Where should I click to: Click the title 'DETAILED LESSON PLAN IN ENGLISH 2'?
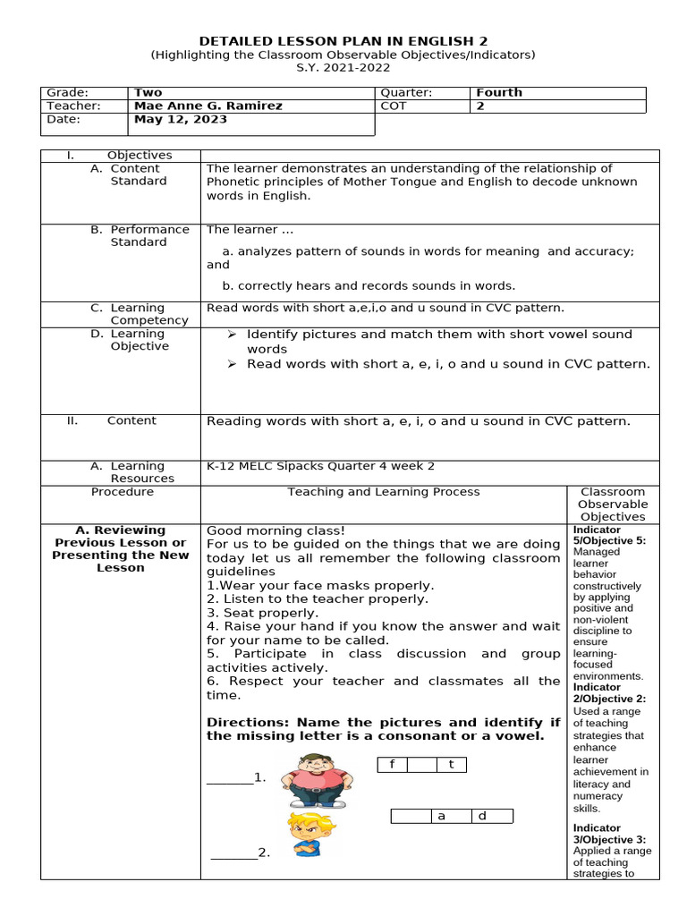(343, 40)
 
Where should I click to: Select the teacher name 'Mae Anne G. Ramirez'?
(208, 106)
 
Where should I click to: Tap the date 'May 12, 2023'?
(180, 119)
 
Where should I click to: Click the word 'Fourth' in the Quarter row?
(498, 92)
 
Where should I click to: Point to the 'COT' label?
(393, 106)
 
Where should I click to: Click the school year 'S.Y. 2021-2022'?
(343, 67)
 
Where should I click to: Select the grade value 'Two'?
(148, 92)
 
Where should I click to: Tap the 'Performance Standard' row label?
(149, 235)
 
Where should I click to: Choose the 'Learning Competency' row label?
(148, 314)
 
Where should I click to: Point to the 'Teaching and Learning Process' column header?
(383, 491)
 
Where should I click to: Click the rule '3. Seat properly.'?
(262, 613)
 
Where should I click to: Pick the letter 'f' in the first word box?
(392, 764)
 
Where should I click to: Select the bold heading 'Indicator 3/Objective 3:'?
(608, 834)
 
